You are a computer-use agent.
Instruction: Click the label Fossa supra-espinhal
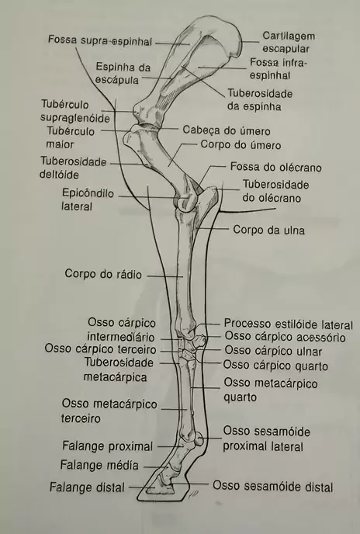pyautogui.click(x=99, y=40)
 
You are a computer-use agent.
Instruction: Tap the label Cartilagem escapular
pyautogui.click(x=289, y=42)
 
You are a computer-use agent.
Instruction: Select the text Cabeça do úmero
pyautogui.click(x=227, y=130)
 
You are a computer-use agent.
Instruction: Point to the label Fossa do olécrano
pyautogui.click(x=276, y=167)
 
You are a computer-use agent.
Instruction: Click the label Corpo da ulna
pyautogui.click(x=268, y=230)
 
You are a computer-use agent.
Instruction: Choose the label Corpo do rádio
pyautogui.click(x=103, y=274)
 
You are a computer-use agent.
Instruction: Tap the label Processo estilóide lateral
pyautogui.click(x=288, y=324)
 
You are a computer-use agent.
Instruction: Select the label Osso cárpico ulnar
pyautogui.click(x=273, y=351)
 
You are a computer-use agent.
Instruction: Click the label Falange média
pyautogui.click(x=99, y=465)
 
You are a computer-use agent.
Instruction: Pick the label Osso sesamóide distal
pyautogui.click(x=273, y=487)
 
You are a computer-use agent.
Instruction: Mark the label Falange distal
pyautogui.click(x=87, y=487)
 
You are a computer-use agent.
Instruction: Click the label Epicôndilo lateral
pyautogui.click(x=88, y=199)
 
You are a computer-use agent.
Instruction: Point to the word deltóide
pyautogui.click(x=59, y=175)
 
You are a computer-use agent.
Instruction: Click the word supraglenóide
pyautogui.click(x=75, y=118)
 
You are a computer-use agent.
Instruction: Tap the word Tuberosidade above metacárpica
pyautogui.click(x=119, y=362)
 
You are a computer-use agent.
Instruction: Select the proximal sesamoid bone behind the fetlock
pyautogui.click(x=199, y=439)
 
